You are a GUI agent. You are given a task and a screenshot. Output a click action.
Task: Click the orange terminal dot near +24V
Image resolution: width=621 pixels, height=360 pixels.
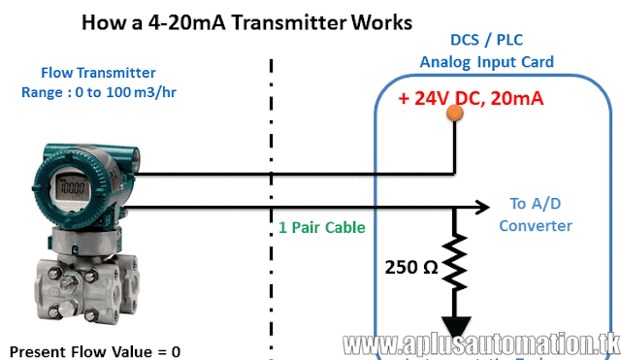pyautogui.click(x=453, y=113)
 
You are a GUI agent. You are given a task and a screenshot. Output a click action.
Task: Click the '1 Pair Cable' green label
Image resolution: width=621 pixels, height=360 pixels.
pyautogui.click(x=321, y=227)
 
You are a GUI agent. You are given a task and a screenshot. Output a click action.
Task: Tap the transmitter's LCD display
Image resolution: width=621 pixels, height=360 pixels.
pyautogui.click(x=66, y=184)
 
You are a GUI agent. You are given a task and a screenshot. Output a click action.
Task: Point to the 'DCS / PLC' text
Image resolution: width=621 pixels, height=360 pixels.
pyautogui.click(x=487, y=41)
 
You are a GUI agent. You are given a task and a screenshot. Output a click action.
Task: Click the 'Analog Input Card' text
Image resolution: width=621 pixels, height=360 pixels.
pyautogui.click(x=487, y=62)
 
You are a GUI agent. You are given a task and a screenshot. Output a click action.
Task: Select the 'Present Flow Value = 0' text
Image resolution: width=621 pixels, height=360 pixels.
pyautogui.click(x=95, y=350)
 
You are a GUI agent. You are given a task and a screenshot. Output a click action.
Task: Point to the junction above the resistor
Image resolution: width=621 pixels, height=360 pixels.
pyautogui.click(x=454, y=207)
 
